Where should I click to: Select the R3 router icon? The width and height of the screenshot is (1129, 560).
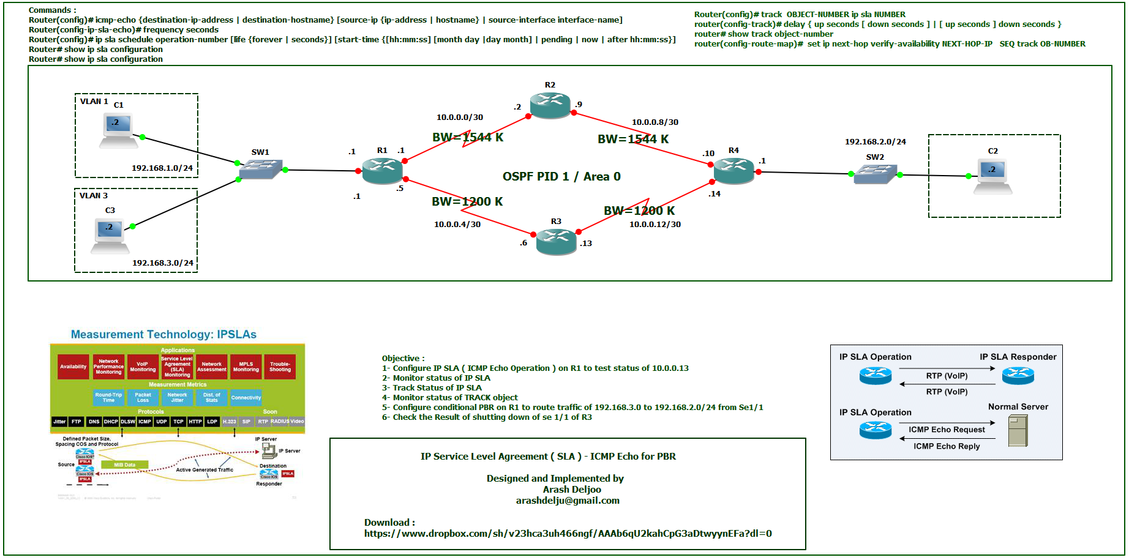(x=556, y=241)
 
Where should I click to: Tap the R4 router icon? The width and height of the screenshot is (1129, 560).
(x=733, y=170)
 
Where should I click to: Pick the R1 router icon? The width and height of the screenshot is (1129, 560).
(x=382, y=170)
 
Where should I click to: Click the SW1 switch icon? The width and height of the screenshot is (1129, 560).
(x=261, y=169)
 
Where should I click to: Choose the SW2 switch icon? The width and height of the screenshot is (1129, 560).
(x=875, y=174)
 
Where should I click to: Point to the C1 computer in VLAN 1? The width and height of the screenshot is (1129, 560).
(x=118, y=130)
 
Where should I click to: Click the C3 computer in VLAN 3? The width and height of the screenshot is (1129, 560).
(x=110, y=235)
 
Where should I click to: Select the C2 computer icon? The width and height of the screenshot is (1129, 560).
(x=992, y=176)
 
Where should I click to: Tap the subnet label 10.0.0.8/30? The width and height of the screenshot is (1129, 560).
(x=655, y=122)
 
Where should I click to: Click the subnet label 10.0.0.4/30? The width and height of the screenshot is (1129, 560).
(x=457, y=225)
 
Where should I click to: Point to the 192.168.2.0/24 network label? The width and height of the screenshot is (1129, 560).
(x=875, y=142)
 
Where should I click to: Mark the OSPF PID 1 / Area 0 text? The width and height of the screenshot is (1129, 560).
(x=561, y=177)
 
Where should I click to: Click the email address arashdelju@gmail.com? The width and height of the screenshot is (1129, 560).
(x=568, y=501)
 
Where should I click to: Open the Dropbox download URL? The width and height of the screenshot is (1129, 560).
(x=568, y=534)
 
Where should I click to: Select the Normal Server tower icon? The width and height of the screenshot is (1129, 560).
(x=1018, y=430)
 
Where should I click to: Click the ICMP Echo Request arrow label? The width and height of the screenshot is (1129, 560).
(x=947, y=430)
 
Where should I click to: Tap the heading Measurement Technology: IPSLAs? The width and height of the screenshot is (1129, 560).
(x=163, y=335)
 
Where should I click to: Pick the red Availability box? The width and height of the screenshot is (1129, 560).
(x=73, y=367)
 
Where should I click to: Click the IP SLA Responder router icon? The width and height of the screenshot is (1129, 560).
(x=1018, y=375)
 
